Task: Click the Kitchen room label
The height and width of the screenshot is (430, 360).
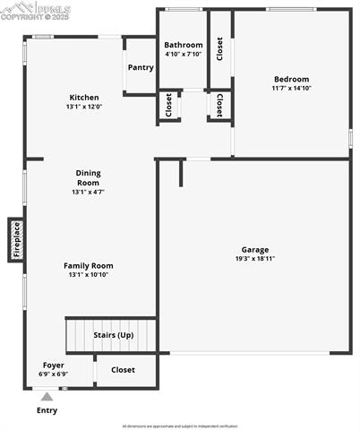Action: [84, 98]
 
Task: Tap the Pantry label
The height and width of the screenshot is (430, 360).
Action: [141, 67]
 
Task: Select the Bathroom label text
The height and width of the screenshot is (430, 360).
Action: [183, 45]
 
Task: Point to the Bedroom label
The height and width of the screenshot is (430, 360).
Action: [291, 79]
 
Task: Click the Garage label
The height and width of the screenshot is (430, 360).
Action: [254, 250]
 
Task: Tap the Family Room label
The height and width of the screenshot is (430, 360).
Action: [88, 265]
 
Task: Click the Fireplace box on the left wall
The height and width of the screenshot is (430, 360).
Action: [16, 239]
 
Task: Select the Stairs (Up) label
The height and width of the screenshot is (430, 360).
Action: [114, 335]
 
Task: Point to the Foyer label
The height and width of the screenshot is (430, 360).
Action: [54, 365]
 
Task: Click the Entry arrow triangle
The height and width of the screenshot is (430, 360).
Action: [47, 395]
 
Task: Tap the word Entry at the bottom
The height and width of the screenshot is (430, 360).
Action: [47, 410]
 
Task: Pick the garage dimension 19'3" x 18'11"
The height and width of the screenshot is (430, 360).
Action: [254, 259]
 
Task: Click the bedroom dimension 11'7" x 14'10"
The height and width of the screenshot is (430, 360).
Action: [291, 88]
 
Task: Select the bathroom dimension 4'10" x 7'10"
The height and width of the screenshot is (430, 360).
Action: [183, 54]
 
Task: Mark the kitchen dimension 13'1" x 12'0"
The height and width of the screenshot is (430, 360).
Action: [84, 107]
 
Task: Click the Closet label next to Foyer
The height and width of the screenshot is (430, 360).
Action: [123, 369]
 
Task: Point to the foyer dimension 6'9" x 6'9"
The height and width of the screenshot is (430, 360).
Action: [54, 374]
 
